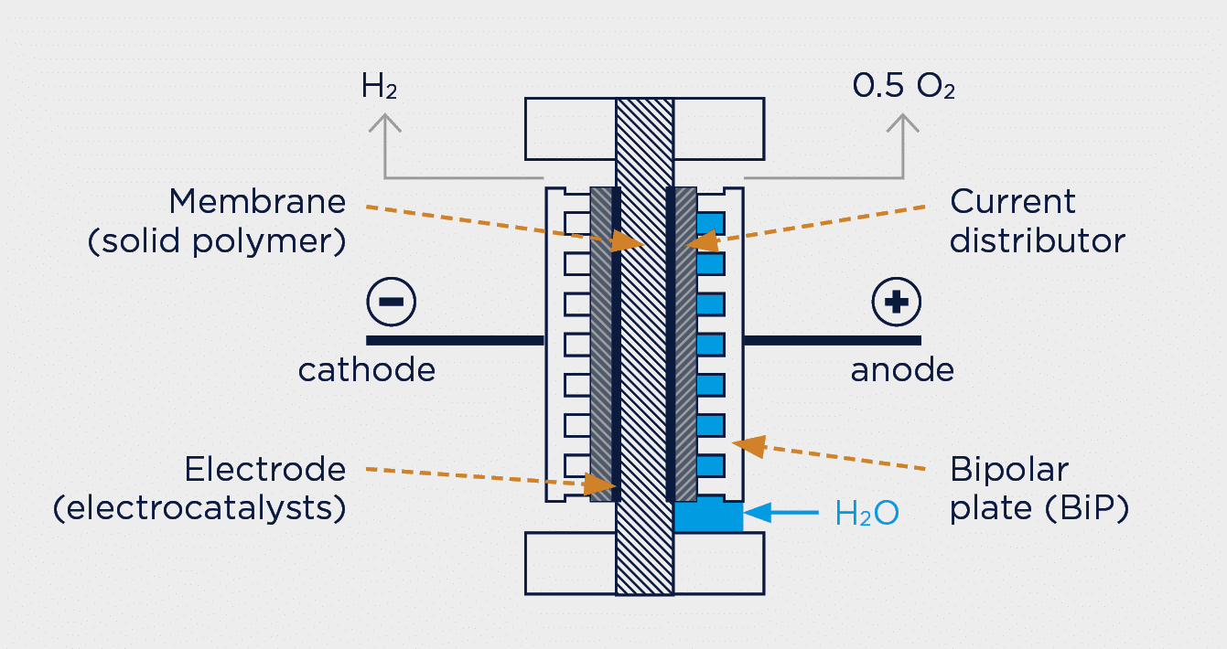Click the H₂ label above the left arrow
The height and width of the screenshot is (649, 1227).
pos(379,87)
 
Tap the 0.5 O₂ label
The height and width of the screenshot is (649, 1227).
pos(903,87)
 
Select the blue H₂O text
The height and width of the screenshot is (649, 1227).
pos(866,514)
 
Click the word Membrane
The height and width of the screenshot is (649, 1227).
pos(257,201)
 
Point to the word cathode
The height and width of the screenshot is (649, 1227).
pos(367,370)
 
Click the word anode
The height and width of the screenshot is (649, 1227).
pos(902,370)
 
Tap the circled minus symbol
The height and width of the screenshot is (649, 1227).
pos(391,302)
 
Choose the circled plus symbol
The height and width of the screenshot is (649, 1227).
pos(896,302)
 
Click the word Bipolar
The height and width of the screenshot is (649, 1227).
pos(1009,470)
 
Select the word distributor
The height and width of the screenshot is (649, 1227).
pos(1038,240)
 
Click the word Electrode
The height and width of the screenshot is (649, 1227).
pos(265,470)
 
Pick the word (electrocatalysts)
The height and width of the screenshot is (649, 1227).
pos(199,509)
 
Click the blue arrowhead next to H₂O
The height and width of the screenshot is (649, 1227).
pos(757,513)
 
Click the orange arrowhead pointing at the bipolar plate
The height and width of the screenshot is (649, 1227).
pos(749,445)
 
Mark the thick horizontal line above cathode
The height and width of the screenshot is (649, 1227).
pos(455,340)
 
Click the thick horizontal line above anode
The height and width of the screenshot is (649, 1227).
pos(833,340)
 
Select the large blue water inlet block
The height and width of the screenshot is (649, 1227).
pos(708,515)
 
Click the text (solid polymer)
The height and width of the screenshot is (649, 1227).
pos(217,241)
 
